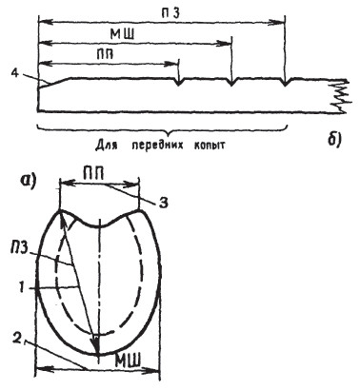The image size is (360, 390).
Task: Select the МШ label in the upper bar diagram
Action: [x=121, y=34]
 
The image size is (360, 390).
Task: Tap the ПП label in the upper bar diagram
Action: [x=105, y=54]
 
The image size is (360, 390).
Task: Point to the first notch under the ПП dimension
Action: [x=179, y=82]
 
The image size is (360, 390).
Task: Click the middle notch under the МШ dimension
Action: [x=232, y=82]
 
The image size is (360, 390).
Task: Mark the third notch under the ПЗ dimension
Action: [x=285, y=82]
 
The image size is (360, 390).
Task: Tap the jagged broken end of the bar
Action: [x=341, y=94]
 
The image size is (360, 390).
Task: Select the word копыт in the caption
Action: [x=212, y=146]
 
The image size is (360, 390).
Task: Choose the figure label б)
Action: [x=333, y=140]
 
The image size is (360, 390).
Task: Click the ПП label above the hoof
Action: [x=93, y=176]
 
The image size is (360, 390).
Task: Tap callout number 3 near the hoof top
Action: [x=164, y=203]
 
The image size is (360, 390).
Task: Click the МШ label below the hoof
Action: [x=127, y=361]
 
